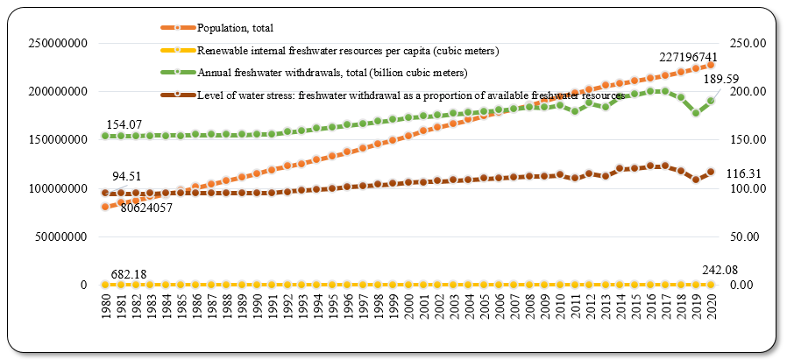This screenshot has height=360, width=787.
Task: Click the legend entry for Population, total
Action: [238, 28]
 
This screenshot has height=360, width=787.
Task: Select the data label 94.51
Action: [121, 175]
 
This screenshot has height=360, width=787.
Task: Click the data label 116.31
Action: [745, 174]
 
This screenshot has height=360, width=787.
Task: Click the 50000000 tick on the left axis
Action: [61, 236]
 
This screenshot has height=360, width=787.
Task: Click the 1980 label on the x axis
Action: [105, 311]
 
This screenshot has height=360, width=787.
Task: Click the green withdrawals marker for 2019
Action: [696, 113]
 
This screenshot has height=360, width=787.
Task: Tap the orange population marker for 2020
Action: [711, 65]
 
